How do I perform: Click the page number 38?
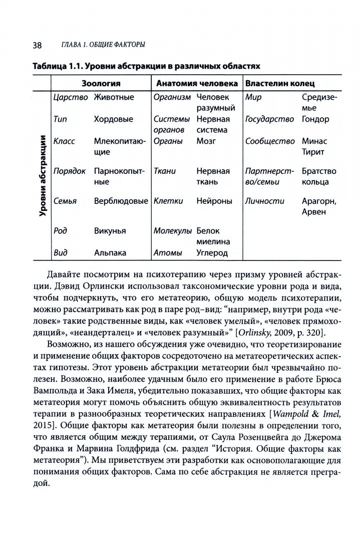tap(38, 45)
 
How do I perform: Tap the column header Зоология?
tap(101, 83)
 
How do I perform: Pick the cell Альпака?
tap(110, 253)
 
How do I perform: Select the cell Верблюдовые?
tap(121, 201)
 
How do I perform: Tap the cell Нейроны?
tap(214, 201)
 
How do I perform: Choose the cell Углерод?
tap(212, 253)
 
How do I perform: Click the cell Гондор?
tap(315, 119)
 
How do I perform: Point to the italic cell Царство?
tap(71, 97)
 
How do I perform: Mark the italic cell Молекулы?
tap(173, 231)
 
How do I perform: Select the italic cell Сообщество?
tap(270, 141)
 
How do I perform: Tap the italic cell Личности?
tap(265, 201)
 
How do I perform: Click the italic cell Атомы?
tap(168, 253)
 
